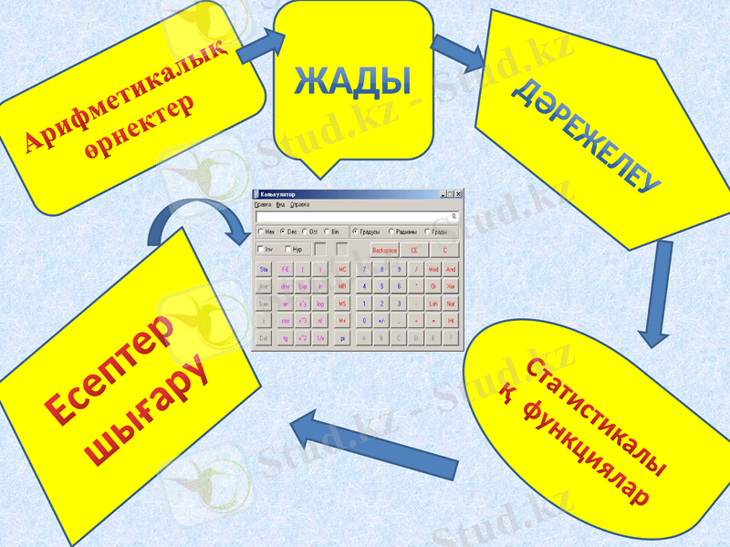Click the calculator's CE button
pos(413,249)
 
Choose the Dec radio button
pos(283,232)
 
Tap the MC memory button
pos(342,270)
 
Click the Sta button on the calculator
pos(265,270)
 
